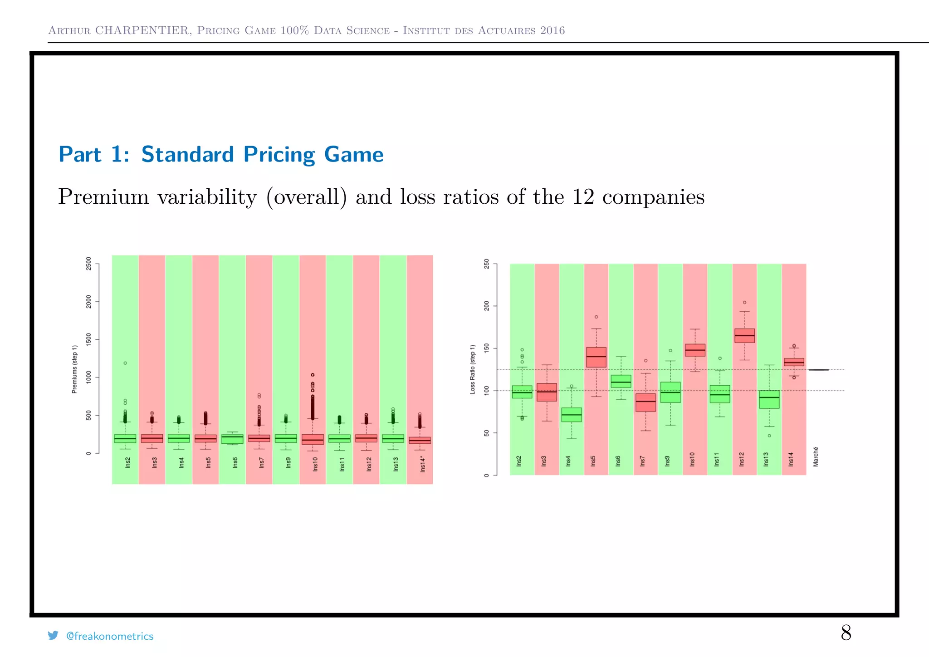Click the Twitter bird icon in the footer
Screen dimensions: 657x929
(x=53, y=635)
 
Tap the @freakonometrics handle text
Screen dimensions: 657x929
(x=110, y=636)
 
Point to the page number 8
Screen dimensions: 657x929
(x=846, y=632)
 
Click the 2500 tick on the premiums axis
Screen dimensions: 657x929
(x=88, y=264)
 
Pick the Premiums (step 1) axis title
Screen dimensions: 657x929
(x=75, y=369)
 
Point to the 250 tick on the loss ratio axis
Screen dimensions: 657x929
(x=487, y=264)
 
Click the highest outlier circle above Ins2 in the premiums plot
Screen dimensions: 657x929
(x=125, y=363)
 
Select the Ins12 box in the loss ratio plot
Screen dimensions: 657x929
(x=744, y=336)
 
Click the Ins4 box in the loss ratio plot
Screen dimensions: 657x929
(x=572, y=415)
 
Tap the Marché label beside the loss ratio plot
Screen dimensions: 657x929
(x=816, y=457)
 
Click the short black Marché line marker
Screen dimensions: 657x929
(x=818, y=370)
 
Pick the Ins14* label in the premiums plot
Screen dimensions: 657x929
(x=422, y=464)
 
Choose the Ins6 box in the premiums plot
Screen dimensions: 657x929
(x=232, y=439)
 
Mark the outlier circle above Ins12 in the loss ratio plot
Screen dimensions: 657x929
(x=744, y=303)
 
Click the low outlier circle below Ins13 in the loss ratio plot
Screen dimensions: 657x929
(x=769, y=436)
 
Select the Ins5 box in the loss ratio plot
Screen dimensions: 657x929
(x=596, y=357)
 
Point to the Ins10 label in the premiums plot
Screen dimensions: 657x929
(x=315, y=464)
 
